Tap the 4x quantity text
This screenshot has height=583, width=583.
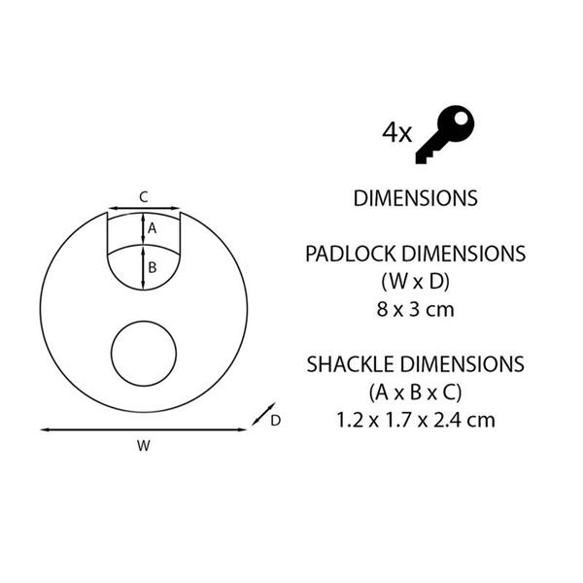click(397, 133)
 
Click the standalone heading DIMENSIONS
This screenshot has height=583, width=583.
click(415, 198)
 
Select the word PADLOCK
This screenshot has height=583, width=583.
click(350, 254)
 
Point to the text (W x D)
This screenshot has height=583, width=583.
click(415, 282)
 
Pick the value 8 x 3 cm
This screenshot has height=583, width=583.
click(415, 310)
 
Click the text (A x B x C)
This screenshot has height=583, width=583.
click(415, 393)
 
